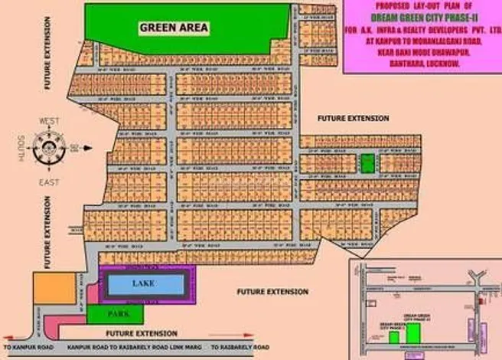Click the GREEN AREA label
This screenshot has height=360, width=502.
[x=174, y=28]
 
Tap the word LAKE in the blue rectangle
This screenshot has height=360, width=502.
[x=144, y=284]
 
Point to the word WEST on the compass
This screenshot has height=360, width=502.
[x=50, y=121]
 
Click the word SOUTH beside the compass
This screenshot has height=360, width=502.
[x=22, y=146]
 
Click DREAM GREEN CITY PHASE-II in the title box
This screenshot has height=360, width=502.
[x=422, y=21]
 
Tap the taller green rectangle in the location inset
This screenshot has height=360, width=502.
[x=414, y=332]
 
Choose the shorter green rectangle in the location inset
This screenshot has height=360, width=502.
[x=394, y=336]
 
